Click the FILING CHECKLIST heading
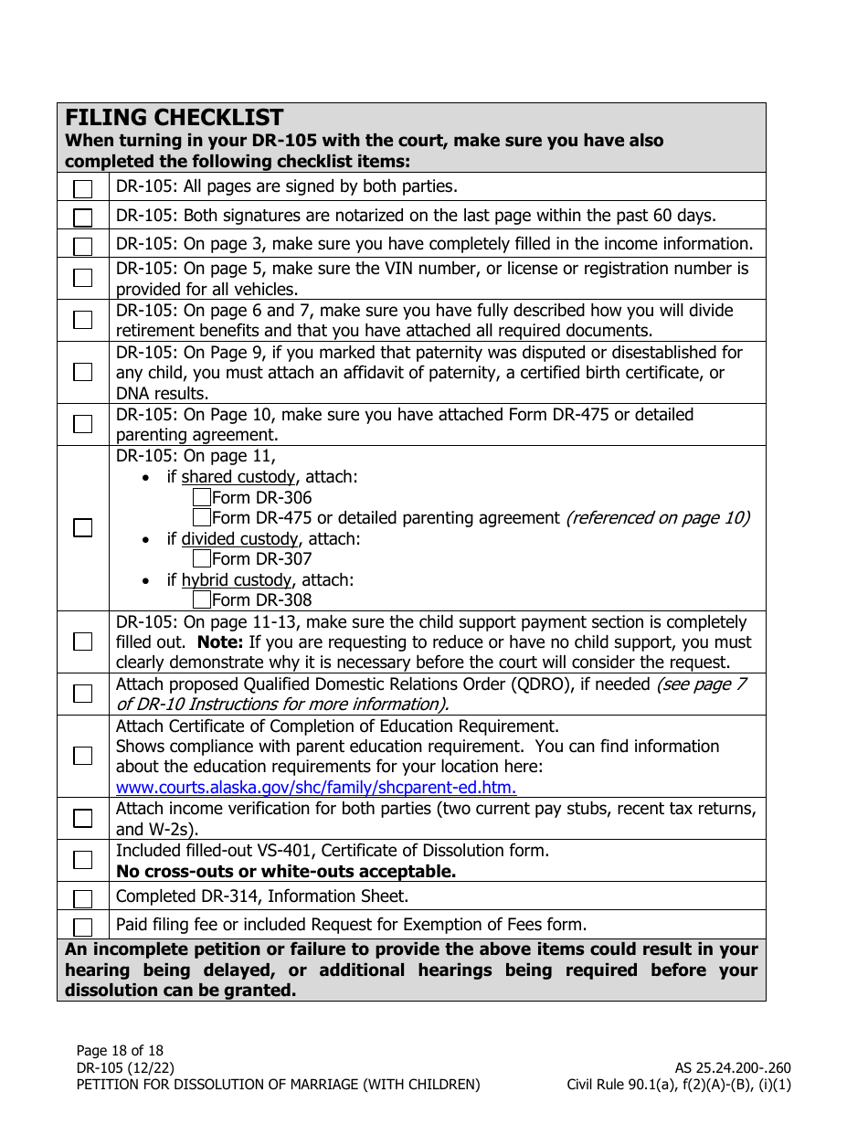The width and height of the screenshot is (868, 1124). click(175, 118)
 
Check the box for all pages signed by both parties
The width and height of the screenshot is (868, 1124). click(83, 189)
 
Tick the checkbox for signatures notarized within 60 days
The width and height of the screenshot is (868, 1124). click(83, 217)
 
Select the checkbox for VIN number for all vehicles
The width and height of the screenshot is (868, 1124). click(83, 278)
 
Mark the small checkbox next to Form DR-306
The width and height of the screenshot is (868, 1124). click(202, 498)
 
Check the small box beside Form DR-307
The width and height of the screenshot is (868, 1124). click(202, 559)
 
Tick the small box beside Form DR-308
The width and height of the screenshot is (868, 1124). click(202, 600)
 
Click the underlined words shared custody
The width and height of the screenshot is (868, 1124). click(238, 477)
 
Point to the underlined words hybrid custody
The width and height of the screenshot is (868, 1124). click(236, 580)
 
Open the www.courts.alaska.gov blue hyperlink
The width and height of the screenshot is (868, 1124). click(316, 788)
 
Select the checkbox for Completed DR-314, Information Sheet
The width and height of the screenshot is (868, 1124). click(83, 898)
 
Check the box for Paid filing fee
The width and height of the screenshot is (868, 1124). click(83, 927)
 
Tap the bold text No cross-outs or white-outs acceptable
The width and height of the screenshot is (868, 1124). click(285, 872)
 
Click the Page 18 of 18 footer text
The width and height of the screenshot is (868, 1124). click(120, 1051)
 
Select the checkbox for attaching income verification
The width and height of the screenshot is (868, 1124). click(83, 818)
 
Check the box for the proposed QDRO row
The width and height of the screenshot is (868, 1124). click(83, 694)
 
